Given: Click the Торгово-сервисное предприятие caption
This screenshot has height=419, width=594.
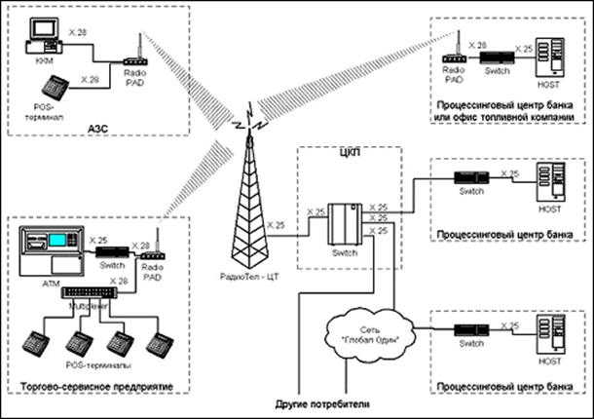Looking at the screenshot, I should click(95, 387).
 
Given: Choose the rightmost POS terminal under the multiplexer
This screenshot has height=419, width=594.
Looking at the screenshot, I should click(159, 344).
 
